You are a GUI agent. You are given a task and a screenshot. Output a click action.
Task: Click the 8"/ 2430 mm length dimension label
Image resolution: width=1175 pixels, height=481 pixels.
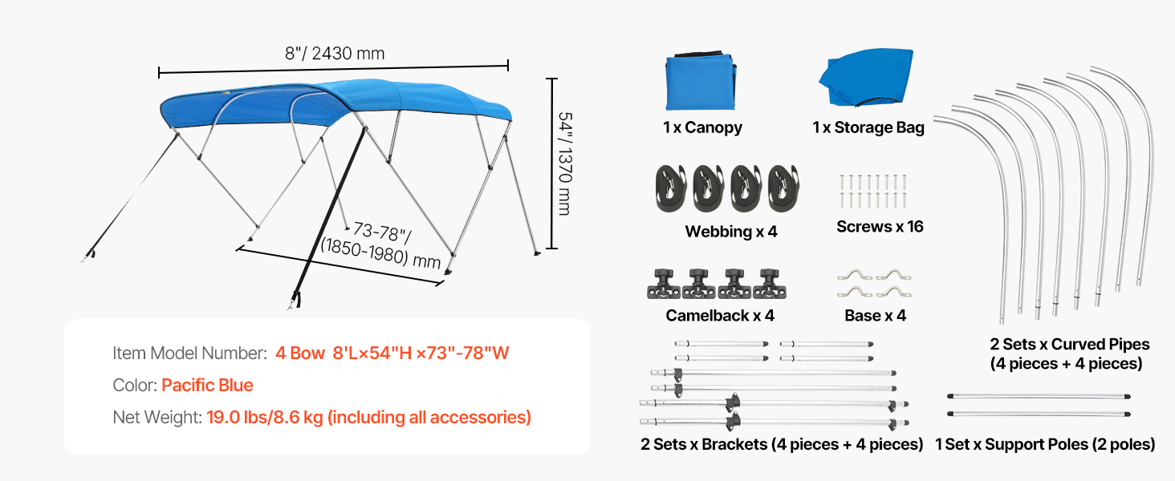tap(335, 54)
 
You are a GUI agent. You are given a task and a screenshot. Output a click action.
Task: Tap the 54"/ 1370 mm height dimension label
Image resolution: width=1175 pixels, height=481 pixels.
tap(565, 164)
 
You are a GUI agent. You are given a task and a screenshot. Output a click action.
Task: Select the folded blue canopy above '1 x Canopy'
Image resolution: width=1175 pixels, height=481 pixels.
tap(701, 80)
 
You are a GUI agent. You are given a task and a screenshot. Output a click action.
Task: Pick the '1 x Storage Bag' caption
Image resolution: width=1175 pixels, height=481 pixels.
tap(868, 127)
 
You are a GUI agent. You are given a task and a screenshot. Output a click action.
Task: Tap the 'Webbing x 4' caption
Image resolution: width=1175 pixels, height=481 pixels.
tap(731, 232)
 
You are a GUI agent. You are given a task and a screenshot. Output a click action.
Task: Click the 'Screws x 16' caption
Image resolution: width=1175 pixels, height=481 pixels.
tap(880, 226)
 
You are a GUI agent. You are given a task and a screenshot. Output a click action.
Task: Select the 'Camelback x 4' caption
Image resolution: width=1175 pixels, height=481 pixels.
tap(720, 315)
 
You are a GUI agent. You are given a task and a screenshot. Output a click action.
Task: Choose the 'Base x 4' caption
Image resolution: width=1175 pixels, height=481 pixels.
tap(875, 315)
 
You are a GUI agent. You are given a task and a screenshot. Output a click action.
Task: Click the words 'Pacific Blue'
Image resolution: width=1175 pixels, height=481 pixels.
tap(207, 385)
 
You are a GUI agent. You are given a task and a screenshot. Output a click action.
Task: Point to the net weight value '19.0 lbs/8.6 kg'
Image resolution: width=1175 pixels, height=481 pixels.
tap(265, 417)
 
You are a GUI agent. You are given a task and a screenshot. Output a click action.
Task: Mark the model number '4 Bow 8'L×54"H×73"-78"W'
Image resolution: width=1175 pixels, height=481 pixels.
tap(392, 354)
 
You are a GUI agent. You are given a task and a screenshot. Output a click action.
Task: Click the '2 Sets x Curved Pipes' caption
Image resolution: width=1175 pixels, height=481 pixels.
tap(1070, 344)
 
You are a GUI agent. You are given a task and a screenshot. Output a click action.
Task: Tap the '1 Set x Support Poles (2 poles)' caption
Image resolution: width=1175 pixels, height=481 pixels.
tap(1045, 444)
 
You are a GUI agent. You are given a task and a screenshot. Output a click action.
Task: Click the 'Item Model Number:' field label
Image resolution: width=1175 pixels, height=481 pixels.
tap(190, 354)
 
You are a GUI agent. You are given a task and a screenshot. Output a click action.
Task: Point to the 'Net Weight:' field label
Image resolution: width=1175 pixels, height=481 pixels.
tap(157, 417)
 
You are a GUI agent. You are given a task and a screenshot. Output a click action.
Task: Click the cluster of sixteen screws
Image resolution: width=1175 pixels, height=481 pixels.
tap(873, 192)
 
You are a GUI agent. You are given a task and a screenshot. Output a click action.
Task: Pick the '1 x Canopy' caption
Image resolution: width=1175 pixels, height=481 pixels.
tap(702, 127)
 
